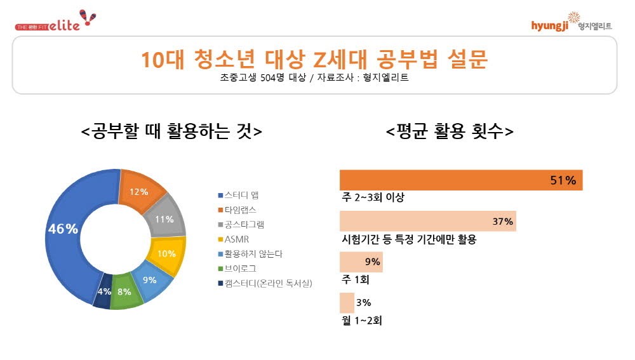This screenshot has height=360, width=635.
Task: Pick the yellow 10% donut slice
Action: pyautogui.click(x=166, y=253)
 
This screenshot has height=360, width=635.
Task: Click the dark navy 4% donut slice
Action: pyautogui.click(x=104, y=293)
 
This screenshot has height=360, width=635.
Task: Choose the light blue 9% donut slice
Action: pyautogui.click(x=150, y=280)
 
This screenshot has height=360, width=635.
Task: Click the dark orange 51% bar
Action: pyautogui.click(x=461, y=180)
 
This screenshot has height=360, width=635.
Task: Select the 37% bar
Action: pyautogui.click(x=427, y=221)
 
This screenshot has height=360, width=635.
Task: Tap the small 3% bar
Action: pyautogui.click(x=347, y=302)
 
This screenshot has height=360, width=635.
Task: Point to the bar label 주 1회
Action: pyautogui.click(x=356, y=279)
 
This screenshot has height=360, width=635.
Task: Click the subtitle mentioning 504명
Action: pyautogui.click(x=314, y=78)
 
